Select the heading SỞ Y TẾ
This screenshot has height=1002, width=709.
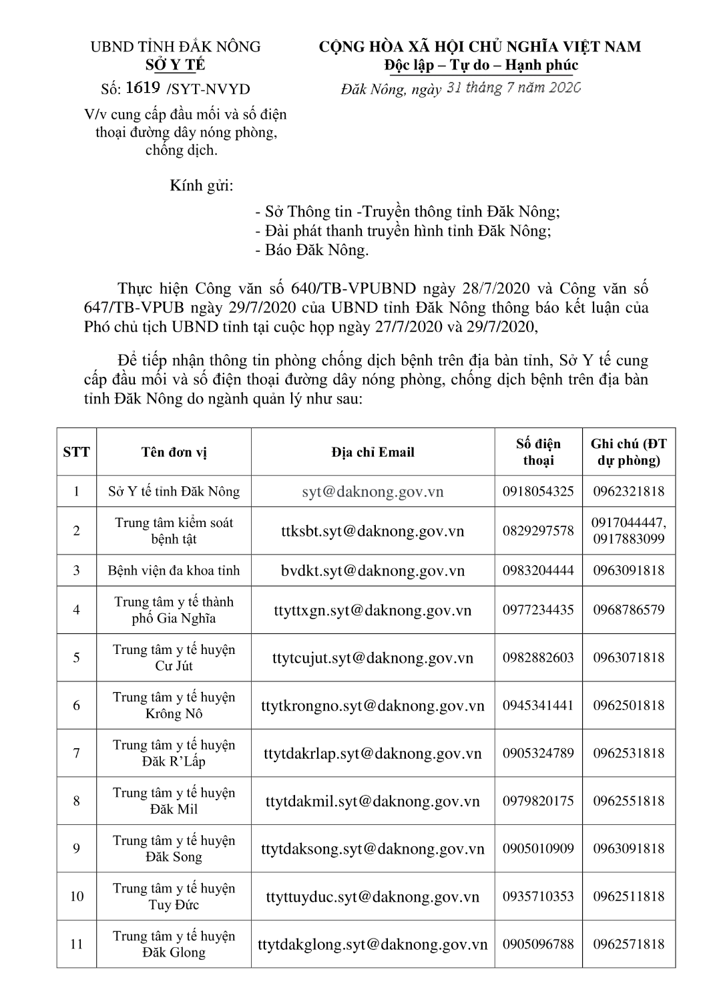[175, 65]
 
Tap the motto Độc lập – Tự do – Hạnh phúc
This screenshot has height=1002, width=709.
[481, 65]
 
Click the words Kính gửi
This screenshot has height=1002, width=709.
[202, 185]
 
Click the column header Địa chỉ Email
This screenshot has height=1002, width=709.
[373, 452]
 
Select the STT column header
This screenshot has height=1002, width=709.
[76, 452]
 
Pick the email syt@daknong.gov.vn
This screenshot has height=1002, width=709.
[373, 492]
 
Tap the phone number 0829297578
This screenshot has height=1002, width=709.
[538, 531]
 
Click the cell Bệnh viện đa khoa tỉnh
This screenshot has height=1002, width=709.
[174, 570]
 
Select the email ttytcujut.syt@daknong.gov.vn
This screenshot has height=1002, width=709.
[373, 658]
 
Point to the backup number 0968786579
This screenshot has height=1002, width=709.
[628, 610]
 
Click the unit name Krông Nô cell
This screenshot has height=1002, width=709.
[174, 705]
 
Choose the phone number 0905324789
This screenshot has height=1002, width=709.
[538, 754]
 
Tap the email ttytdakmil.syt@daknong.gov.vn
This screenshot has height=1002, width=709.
[373, 801]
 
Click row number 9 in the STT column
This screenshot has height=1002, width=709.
[76, 848]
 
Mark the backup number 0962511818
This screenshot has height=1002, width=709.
[628, 896]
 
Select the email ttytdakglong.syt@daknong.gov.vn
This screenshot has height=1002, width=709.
[373, 944]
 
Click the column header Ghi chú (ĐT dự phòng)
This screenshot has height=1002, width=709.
[628, 452]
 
